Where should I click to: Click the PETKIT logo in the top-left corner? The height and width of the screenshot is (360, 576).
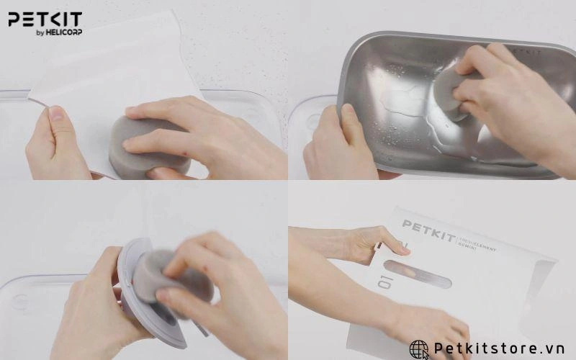click(x=45, y=19)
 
